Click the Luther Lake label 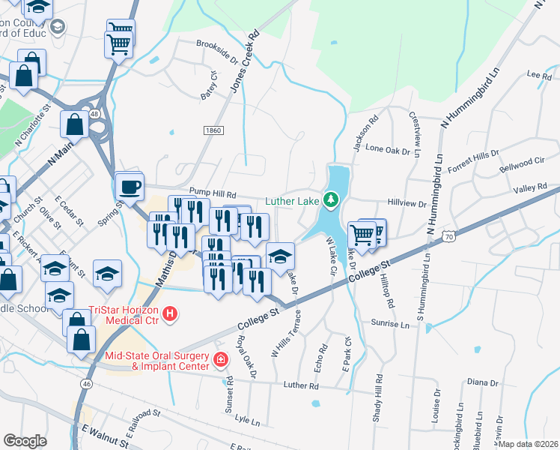tap(293, 199)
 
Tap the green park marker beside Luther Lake tap(330, 199)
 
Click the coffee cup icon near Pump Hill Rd tap(130, 186)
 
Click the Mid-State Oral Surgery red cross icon tap(220, 360)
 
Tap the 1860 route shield tap(213, 130)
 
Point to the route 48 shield tap(94, 114)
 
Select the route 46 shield tap(88, 383)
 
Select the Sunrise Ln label tap(390, 325)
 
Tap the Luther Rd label tap(301, 385)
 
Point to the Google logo tap(25, 441)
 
